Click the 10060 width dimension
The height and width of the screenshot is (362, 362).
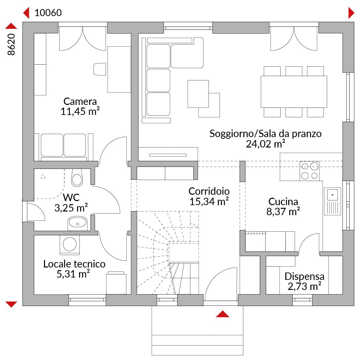point(48,13)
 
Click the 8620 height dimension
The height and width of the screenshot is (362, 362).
point(11,44)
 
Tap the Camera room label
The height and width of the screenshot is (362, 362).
point(80,101)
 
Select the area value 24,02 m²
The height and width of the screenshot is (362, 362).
point(265,143)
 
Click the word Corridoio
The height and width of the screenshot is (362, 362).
point(209,191)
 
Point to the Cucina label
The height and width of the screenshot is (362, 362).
point(283,201)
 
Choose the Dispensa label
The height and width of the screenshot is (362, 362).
point(304,276)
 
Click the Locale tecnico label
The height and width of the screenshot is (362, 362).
point(74,264)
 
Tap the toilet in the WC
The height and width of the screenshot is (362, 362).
point(77,178)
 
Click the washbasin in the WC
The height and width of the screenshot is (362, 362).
point(77,223)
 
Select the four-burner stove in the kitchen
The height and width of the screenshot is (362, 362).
point(310,171)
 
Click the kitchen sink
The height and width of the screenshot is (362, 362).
point(333,201)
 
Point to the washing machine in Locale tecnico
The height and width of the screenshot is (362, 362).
point(70,245)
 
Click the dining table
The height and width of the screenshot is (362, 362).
point(294,92)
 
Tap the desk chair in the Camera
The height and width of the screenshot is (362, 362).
point(100,69)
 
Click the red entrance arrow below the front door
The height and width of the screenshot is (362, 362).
point(223,314)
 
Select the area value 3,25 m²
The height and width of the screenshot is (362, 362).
point(71,208)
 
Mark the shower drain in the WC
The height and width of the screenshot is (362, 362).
point(43,177)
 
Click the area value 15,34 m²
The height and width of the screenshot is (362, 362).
point(209,201)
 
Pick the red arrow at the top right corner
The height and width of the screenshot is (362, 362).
point(351,13)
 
